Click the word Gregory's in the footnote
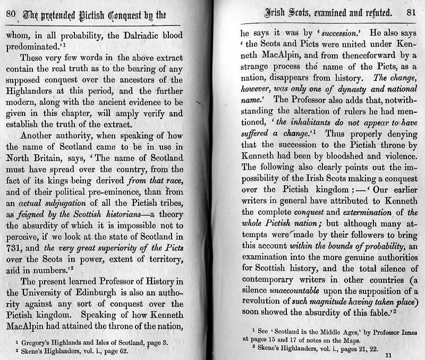coord(36,342)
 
